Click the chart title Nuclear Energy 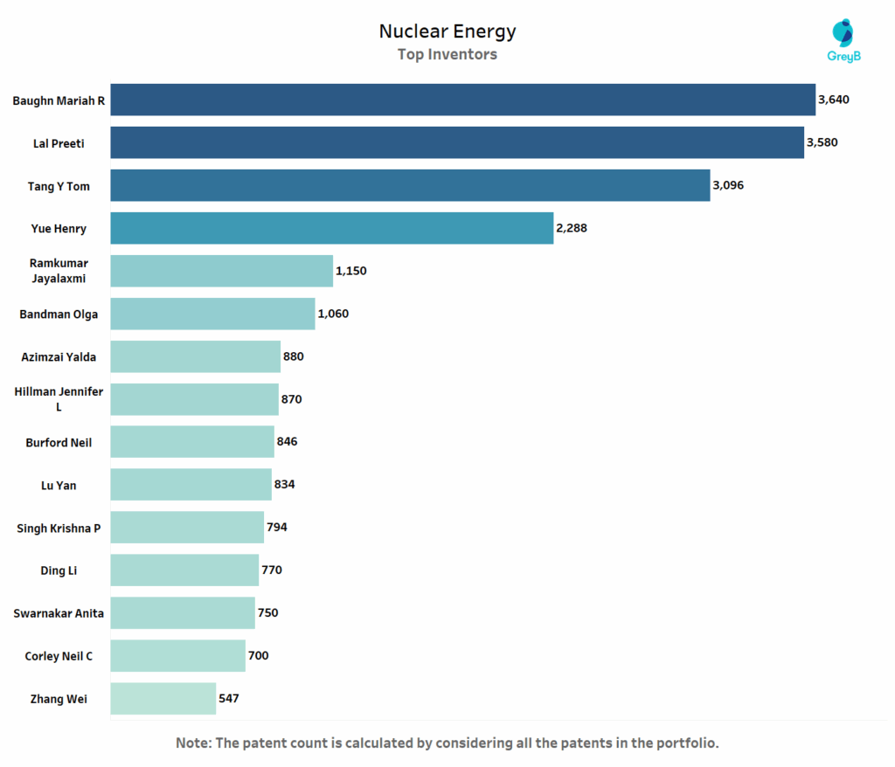pos(447,31)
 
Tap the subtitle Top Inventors pos(447,54)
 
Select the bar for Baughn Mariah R pos(462,100)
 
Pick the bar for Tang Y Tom pos(410,185)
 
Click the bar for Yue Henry pos(331,228)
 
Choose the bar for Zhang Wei pos(163,699)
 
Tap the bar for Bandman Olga pos(212,314)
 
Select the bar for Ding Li pos(184,570)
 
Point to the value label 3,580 pos(822,142)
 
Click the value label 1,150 pos(350,271)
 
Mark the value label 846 pos(287,442)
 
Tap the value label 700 pos(258,656)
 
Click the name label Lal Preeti pos(59,143)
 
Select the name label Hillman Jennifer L pos(59,399)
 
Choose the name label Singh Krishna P pos(59,528)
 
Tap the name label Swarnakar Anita pos(59,613)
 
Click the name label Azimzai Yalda pos(59,356)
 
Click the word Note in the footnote pos(193,743)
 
